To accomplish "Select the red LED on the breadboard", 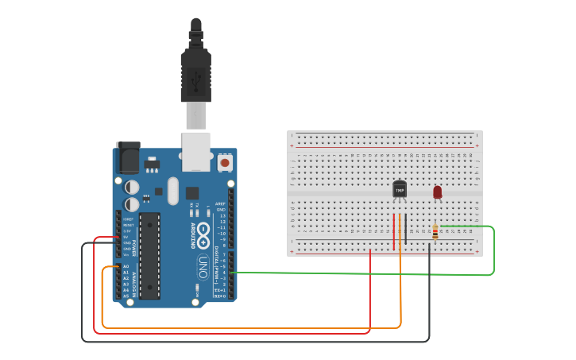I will click(x=437, y=192).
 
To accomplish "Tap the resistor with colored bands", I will click(x=435, y=231).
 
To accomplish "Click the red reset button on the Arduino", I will click(x=225, y=162).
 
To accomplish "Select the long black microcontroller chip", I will click(x=149, y=255).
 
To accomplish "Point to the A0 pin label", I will click(x=126, y=267).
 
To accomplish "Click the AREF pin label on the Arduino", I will click(x=222, y=203).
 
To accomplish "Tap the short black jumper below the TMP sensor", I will click(x=405, y=228).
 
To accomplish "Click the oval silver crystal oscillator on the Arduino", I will click(x=174, y=191).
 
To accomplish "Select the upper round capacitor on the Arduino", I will click(x=133, y=187).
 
